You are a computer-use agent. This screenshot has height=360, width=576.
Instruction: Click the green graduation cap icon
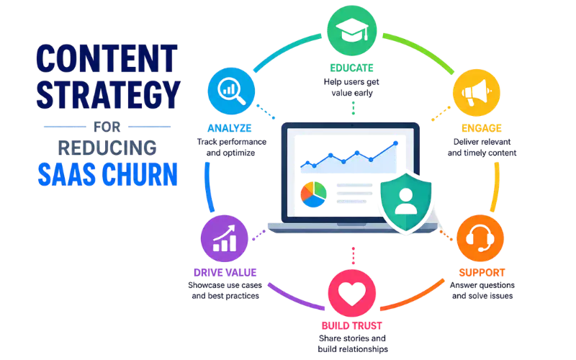[352, 30]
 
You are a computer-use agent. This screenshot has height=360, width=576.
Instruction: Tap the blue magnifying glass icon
[231, 91]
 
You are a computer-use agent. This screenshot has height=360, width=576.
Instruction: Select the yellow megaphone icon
[477, 93]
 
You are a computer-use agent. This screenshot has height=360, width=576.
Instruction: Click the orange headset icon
[480, 238]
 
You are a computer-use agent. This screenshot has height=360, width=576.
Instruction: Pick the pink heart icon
[352, 293]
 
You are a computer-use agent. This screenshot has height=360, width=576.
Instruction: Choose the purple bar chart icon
[225, 238]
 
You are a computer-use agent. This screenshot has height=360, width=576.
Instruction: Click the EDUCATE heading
[351, 68]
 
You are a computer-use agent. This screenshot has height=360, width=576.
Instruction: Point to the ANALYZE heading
[230, 128]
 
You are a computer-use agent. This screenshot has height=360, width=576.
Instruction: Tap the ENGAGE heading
[482, 128]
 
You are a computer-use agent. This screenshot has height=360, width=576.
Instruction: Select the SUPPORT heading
[482, 273]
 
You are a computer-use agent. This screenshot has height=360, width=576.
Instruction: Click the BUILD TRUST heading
[352, 326]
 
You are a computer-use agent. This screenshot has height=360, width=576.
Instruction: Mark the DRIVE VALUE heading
[225, 273]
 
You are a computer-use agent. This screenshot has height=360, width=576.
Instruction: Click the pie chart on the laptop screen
[314, 194]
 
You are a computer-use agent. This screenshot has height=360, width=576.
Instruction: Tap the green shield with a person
[406, 202]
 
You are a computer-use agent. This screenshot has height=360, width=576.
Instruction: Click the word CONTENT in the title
[107, 59]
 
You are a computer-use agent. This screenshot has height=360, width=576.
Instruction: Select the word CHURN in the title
[140, 174]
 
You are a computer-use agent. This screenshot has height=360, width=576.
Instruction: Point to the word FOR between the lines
[107, 127]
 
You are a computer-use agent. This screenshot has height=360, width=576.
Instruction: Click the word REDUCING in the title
[107, 148]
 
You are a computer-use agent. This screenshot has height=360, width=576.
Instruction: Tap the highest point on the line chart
[395, 143]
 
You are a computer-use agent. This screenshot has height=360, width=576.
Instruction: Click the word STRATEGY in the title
[109, 95]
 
